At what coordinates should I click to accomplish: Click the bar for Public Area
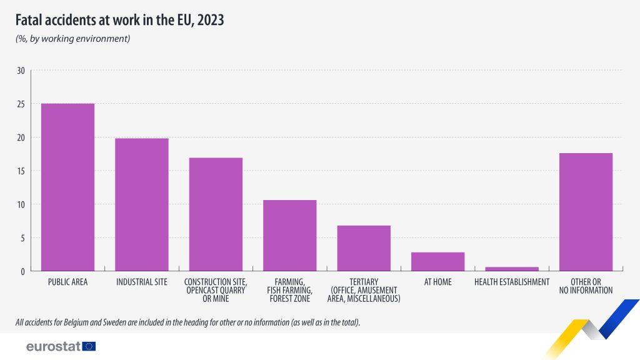(67, 187)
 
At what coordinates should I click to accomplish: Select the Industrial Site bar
(142, 205)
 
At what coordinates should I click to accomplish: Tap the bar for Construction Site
(216, 214)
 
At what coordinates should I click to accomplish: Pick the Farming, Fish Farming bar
(289, 236)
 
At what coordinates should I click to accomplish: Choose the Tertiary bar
(364, 248)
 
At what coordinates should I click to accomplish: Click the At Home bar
(437, 262)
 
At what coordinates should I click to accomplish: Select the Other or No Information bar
(586, 212)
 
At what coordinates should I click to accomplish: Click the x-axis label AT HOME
(437, 282)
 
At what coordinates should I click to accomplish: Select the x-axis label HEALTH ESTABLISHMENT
(512, 282)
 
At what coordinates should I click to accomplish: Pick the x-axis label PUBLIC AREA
(67, 282)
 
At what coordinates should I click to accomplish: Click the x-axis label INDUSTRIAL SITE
(142, 282)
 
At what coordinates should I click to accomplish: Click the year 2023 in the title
(211, 20)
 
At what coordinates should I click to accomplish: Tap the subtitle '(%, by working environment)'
(72, 39)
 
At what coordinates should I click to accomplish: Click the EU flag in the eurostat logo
(89, 346)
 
